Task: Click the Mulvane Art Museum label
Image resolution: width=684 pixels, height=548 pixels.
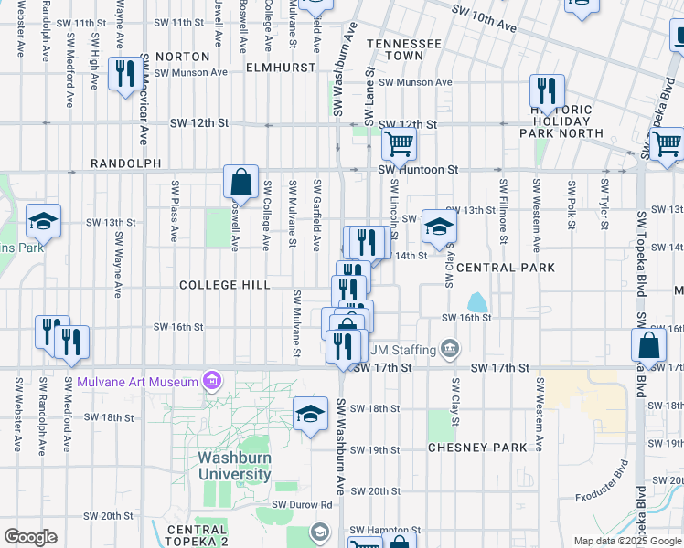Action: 138,381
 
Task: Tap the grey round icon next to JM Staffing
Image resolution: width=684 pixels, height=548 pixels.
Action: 449,348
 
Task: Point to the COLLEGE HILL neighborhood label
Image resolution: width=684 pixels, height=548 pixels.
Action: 224,285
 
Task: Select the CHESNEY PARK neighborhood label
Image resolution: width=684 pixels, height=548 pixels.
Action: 478,448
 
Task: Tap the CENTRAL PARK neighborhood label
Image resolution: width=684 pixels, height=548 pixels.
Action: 505,268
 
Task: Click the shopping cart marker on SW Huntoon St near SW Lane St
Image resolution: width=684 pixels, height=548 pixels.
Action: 399,142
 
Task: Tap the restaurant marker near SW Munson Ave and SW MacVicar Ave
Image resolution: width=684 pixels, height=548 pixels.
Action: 125,74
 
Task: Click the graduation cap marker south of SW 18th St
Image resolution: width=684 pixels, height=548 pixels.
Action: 311,413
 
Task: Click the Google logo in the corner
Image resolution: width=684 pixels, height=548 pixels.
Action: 30,537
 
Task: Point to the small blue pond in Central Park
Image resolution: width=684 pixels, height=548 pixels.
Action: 476,301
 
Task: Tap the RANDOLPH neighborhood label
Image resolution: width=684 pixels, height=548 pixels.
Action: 125,163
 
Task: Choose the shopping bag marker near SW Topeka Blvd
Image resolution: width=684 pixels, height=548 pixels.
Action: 648,345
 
